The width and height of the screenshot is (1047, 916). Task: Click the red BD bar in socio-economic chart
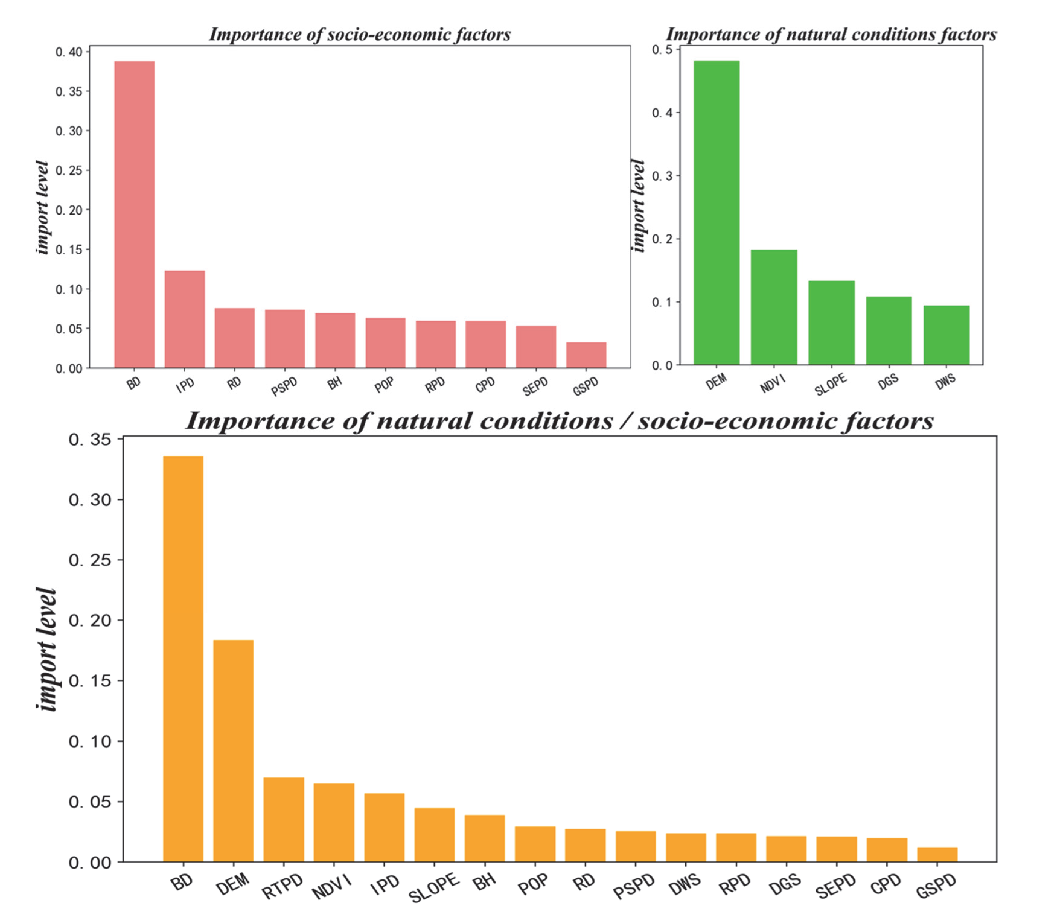134,215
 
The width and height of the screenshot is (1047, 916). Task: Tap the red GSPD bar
586,355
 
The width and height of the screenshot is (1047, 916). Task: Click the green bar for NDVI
774,307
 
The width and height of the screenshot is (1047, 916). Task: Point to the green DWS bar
946,335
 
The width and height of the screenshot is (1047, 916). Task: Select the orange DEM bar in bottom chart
233,751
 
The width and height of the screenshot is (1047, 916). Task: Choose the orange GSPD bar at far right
937,855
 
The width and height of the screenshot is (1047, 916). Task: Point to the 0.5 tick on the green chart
662,49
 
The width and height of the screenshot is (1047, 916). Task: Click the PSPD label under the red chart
284,387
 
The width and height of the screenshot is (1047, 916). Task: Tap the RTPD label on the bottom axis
283,886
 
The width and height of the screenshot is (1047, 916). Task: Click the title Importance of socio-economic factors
360,34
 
